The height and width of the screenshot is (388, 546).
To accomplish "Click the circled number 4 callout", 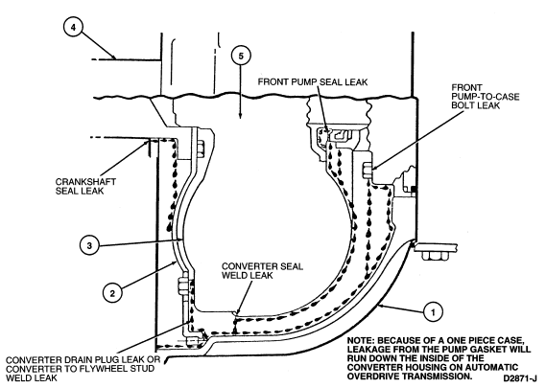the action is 73,27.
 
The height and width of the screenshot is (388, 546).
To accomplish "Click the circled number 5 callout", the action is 241,56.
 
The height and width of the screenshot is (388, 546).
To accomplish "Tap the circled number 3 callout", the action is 89,245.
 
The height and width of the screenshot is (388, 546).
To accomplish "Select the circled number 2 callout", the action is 112,293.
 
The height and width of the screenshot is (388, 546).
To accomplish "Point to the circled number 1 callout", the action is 433,312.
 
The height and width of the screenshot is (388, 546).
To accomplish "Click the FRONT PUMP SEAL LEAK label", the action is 313,81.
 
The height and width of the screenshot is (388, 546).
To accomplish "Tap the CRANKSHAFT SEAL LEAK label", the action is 85,187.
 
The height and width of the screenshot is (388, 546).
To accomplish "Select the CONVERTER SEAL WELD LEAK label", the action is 262,271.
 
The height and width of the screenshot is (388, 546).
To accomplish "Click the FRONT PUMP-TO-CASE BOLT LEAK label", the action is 485,97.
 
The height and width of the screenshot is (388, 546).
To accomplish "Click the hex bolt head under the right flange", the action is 435,256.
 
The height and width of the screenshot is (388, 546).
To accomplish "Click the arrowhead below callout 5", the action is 240,115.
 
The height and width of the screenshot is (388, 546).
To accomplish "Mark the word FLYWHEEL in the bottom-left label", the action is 98,369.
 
